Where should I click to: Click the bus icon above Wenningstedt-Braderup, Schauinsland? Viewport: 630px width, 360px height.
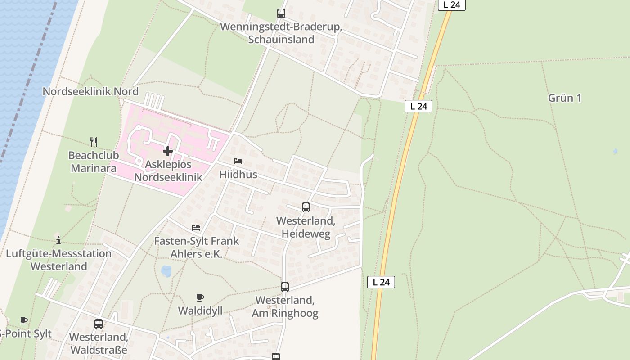pyautogui.click(x=281, y=13)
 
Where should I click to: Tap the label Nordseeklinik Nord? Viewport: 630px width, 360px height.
pyautogui.click(x=90, y=92)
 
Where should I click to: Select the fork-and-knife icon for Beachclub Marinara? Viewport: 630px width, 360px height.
pyautogui.click(x=94, y=142)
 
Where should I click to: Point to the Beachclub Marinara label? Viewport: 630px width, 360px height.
pyautogui.click(x=92, y=162)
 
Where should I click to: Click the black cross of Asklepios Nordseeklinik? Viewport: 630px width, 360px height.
pyautogui.click(x=168, y=151)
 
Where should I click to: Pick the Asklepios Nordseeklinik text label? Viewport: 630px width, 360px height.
pyautogui.click(x=168, y=171)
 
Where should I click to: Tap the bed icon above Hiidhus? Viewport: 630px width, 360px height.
pyautogui.click(x=238, y=161)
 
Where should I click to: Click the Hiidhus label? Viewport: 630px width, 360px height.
pyautogui.click(x=238, y=175)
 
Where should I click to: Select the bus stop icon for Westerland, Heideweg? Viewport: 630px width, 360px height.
pyautogui.click(x=306, y=207)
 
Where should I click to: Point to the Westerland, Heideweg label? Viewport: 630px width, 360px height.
pyautogui.click(x=306, y=227)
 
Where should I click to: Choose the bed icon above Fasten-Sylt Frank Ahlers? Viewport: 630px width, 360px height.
pyautogui.click(x=196, y=228)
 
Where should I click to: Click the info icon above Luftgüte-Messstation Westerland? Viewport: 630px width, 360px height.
pyautogui.click(x=58, y=240)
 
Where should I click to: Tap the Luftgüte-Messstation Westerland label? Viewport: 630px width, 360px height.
pyautogui.click(x=58, y=260)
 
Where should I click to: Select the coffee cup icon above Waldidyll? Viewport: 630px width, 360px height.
pyautogui.click(x=200, y=297)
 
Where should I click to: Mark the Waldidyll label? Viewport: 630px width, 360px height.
pyautogui.click(x=200, y=311)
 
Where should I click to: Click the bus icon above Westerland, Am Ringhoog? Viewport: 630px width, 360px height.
pyautogui.click(x=285, y=287)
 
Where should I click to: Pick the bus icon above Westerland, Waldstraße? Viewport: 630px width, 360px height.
pyautogui.click(x=99, y=324)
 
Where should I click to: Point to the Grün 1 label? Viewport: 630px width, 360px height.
pyautogui.click(x=565, y=98)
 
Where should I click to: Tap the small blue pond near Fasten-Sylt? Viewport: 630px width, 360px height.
pyautogui.click(x=166, y=271)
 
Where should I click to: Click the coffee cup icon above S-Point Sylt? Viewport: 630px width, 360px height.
pyautogui.click(x=24, y=321)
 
